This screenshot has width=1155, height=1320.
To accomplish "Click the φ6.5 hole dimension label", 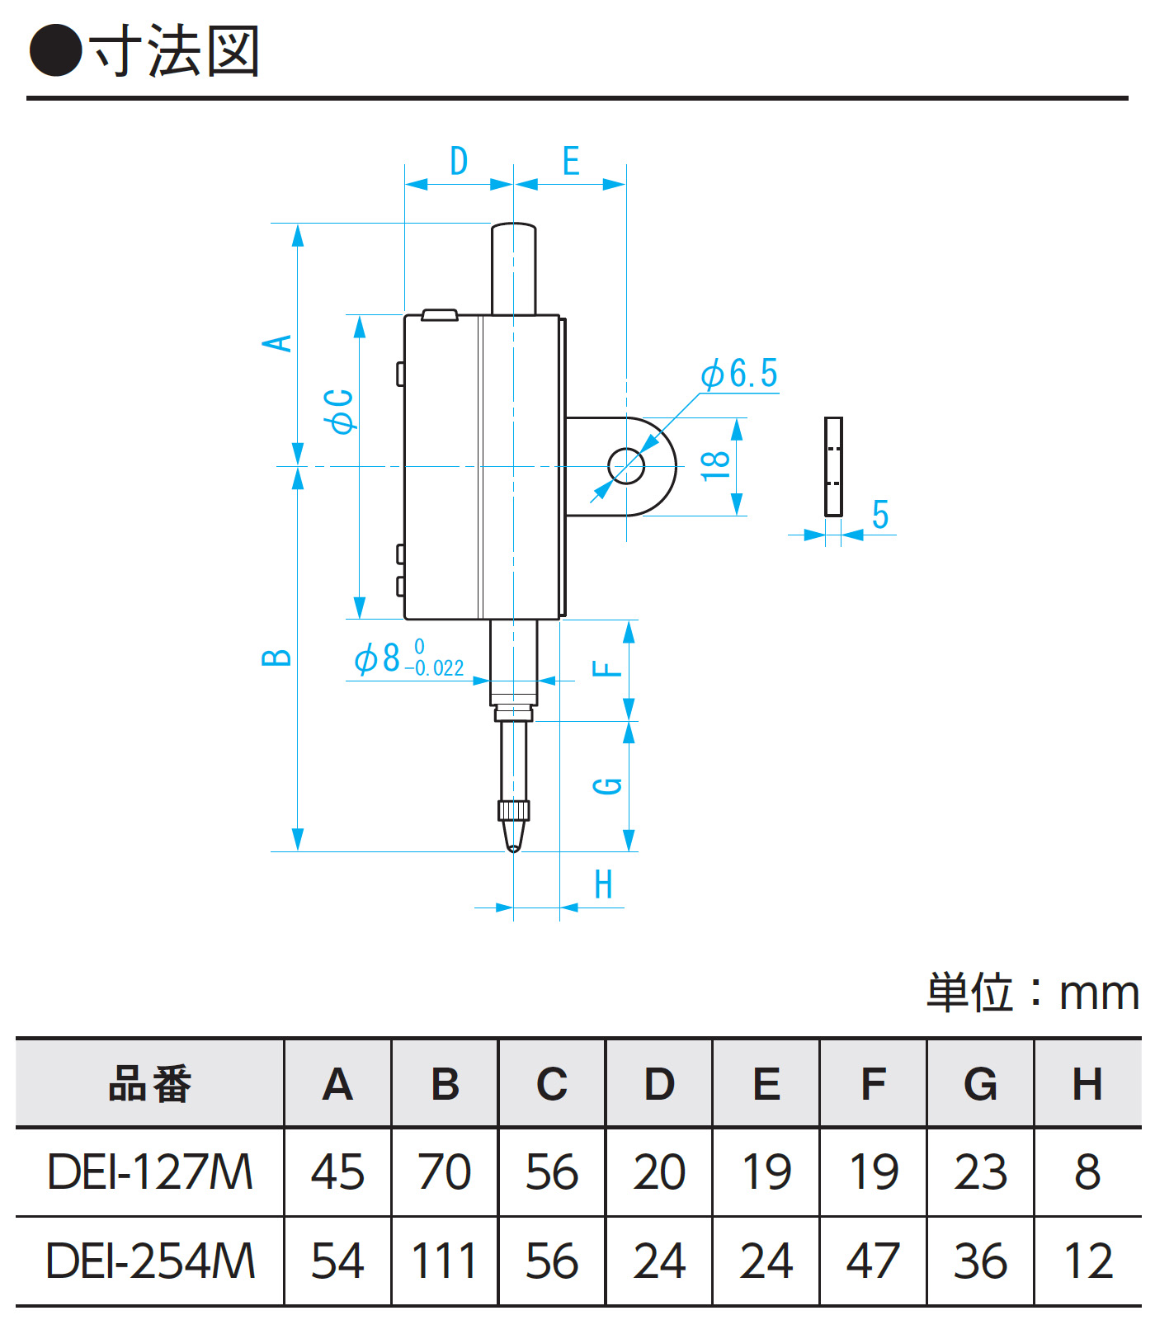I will tap(739, 374).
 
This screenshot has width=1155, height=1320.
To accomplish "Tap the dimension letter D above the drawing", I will tap(459, 161).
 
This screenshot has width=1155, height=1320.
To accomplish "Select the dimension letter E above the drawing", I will tap(571, 161).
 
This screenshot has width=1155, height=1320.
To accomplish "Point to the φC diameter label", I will tap(340, 411).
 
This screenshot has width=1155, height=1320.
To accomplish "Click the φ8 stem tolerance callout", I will tap(408, 659).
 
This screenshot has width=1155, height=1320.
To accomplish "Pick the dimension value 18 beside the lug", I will tap(715, 466).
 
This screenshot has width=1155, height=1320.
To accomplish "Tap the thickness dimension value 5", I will tap(880, 515).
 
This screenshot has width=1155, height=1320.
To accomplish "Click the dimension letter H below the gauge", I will tap(604, 885).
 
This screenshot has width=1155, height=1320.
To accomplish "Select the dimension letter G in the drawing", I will tap(609, 785).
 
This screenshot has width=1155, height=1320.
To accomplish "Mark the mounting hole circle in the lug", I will tap(626, 466).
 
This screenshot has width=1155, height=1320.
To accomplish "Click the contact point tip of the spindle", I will tap(513, 846).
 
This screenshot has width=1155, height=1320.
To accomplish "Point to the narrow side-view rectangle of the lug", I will tap(833, 466).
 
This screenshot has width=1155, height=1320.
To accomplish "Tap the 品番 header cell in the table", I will tap(150, 1083).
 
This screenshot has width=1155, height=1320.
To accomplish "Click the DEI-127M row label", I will tap(150, 1172).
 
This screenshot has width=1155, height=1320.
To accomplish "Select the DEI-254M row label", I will tap(150, 1261).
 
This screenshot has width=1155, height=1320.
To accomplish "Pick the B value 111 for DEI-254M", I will tap(445, 1261).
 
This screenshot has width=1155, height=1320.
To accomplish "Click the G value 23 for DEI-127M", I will tap(980, 1172).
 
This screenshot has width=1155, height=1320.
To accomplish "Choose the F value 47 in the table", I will tap(873, 1261).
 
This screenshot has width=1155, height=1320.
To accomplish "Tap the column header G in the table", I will tap(980, 1083).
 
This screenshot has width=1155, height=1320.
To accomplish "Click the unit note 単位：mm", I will tap(1032, 992).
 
